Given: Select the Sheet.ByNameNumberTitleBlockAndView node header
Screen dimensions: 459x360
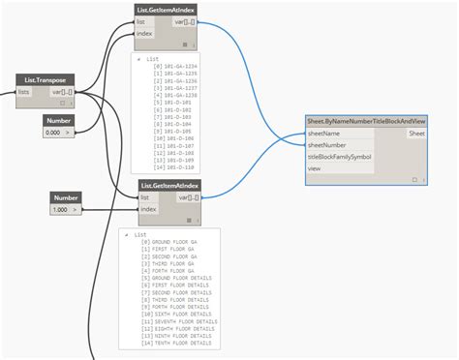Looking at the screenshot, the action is click(365, 121).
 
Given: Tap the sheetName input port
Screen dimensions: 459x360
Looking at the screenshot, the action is click(324, 134).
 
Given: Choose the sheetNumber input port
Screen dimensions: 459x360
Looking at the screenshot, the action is click(326, 144).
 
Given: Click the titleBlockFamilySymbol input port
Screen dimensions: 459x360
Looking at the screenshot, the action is click(339, 156).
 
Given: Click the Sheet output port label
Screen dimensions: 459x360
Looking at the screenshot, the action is click(416, 134).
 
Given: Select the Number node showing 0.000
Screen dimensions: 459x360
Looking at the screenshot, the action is click(58, 120).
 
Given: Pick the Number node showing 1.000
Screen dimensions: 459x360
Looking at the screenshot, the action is click(65, 197).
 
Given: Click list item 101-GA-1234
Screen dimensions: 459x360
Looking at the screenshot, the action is click(171, 65).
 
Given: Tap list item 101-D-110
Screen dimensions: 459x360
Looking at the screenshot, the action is click(169, 166).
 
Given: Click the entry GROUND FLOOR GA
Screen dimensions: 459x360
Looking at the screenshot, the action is click(168, 241).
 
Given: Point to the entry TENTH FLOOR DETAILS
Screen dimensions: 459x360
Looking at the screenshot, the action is click(176, 343).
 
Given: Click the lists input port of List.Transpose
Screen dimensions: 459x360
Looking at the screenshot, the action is click(23, 92).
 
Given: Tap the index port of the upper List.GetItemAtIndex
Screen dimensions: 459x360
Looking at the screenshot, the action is click(142, 32).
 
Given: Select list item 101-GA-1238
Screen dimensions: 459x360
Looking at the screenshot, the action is click(171, 96).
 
